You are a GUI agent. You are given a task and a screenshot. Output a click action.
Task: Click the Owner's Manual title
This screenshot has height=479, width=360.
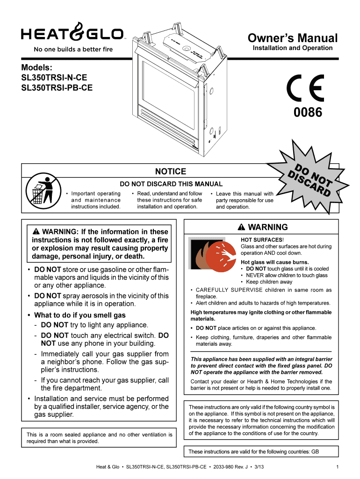(292, 38)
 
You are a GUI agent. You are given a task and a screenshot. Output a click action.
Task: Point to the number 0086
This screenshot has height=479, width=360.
(308, 113)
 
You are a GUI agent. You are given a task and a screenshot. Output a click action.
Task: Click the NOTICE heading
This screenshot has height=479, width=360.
(171, 172)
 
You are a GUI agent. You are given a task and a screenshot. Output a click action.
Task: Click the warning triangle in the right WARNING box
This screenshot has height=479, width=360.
(241, 227)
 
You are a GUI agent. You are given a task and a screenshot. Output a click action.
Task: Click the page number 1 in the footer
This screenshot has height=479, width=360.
(337, 467)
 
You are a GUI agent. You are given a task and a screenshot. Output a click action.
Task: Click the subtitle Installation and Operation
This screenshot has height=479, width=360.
(293, 48)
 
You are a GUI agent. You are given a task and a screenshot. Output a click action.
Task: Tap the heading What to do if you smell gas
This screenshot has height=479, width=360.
(80, 315)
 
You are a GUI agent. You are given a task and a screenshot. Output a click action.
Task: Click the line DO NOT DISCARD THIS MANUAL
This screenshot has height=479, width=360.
(171, 184)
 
